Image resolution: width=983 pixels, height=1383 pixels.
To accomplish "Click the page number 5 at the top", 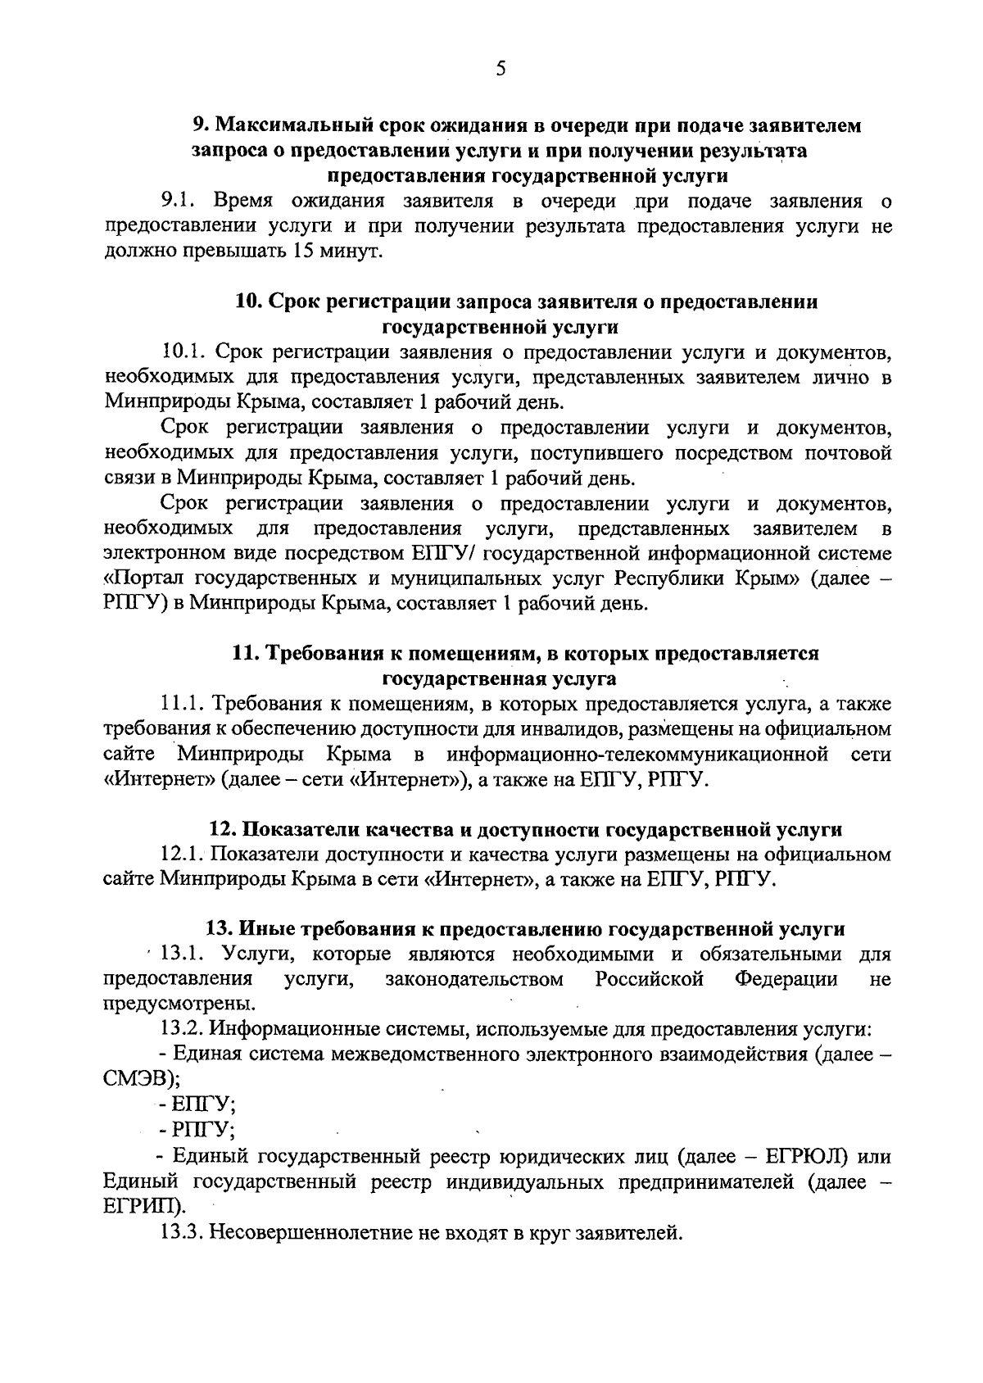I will [x=501, y=69].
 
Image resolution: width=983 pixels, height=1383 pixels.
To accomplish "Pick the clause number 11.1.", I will [x=185, y=704].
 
